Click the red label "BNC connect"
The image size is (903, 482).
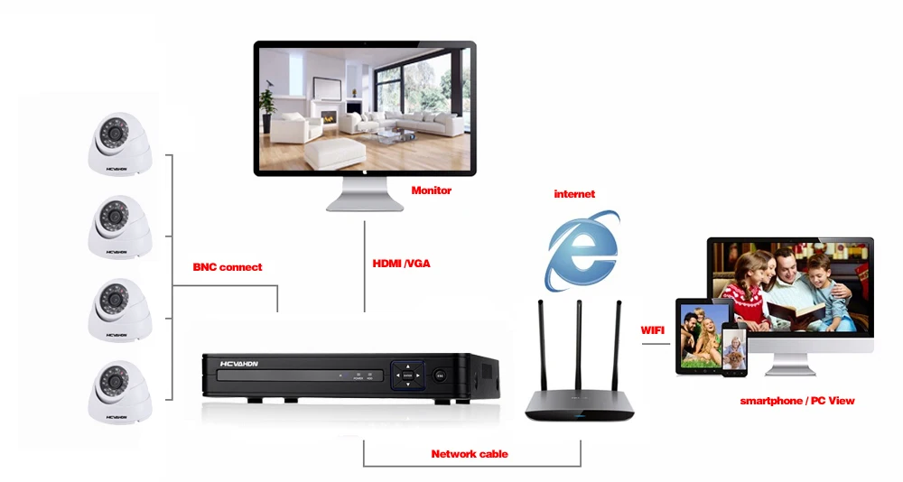[227, 267]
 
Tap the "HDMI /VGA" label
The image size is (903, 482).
[402, 264]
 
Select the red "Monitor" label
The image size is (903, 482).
[432, 190]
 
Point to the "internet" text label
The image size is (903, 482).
[574, 194]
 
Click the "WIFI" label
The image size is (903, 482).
[653, 330]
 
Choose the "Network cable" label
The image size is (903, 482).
[470, 454]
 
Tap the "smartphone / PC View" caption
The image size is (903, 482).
[797, 401]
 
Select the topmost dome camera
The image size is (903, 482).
[120, 144]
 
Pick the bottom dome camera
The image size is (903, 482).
[120, 392]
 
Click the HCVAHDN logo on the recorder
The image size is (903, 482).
[239, 364]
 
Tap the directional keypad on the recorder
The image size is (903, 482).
[408, 375]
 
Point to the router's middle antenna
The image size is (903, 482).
[579, 346]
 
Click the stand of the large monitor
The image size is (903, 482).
[365, 194]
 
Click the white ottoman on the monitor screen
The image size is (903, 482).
[335, 153]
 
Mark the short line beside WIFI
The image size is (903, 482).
[656, 344]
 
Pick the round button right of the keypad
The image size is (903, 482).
[440, 376]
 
